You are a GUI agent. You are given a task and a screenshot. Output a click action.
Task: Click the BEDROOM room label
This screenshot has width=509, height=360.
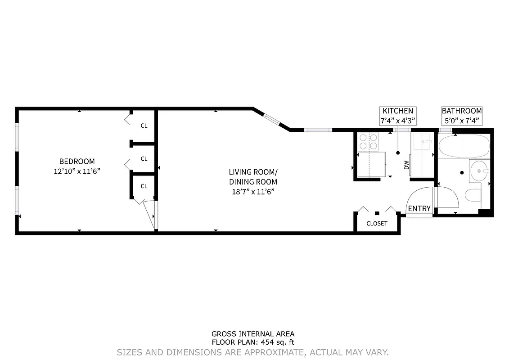pos(77,162)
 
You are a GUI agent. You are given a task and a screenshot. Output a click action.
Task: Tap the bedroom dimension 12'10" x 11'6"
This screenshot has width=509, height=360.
pos(77,171)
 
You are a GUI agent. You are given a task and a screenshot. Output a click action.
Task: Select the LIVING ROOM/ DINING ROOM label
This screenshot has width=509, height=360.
pos(253,177)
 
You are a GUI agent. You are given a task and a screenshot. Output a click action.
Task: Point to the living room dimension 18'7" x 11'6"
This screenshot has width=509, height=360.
pos(253,192)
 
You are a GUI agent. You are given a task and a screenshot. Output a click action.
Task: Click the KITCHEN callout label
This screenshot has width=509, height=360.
pos(397,111)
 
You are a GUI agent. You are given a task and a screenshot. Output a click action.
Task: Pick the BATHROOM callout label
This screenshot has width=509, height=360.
pos(462,111)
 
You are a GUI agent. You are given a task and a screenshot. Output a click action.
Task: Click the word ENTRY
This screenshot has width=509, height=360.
pos(419,208)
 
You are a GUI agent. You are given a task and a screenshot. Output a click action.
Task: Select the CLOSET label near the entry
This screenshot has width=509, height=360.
pos(377,223)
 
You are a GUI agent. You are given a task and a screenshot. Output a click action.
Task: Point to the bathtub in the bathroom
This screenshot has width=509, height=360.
pos(464,147)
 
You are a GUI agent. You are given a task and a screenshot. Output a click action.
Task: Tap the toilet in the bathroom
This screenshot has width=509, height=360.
pos(473,196)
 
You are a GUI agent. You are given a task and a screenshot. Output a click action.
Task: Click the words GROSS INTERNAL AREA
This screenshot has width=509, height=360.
pos(253,334)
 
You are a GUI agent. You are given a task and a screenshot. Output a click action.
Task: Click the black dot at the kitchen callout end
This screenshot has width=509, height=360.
pos(397,153)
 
